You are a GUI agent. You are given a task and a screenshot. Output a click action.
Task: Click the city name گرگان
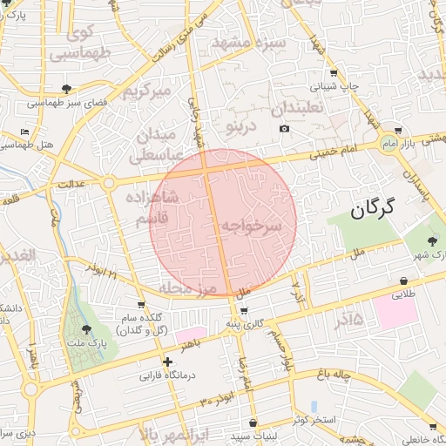coord(374,208)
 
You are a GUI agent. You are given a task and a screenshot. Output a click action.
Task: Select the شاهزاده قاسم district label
coord(153,210)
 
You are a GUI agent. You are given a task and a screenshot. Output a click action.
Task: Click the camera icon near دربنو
coord(284,129)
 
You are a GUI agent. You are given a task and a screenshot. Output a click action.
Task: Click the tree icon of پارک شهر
coord(433,240)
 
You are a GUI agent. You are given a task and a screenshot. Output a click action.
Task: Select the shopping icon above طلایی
coord(404,280)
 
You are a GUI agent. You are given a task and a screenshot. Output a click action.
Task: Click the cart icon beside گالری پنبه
coord(243,311)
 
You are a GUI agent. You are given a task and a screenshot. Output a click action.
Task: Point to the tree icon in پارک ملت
coord(85,329)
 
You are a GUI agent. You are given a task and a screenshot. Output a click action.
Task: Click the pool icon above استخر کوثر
coord(314,406)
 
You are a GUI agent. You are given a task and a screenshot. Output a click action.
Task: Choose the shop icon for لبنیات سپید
coord(253,422)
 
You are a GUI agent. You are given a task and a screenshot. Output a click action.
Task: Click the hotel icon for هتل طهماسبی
coord(24,132)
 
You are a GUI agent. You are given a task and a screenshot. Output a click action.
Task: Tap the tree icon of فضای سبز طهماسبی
coord(67,88)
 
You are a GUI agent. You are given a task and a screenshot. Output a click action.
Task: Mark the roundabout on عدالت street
coord(108,183)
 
